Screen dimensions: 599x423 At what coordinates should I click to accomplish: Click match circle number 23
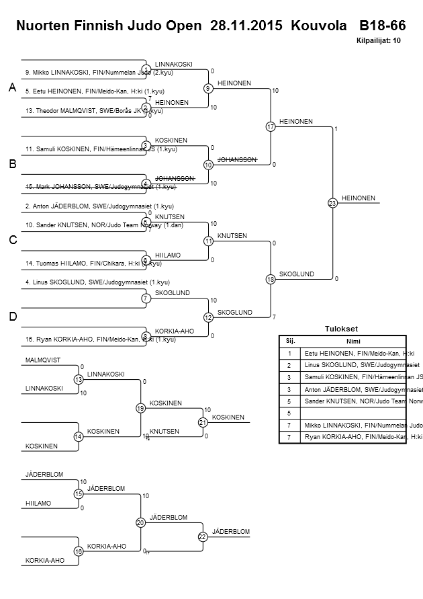coord(332,202)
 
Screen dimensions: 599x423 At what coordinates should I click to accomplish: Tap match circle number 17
coord(271,126)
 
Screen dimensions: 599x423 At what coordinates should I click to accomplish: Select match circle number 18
coord(271,279)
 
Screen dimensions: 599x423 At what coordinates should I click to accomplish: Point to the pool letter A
coord(12,88)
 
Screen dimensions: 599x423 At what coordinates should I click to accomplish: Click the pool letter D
coord(12,316)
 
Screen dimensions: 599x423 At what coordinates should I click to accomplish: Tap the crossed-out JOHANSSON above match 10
coord(237,159)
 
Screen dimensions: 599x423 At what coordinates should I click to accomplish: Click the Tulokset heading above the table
coord(342,329)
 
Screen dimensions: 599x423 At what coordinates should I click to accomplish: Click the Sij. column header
coord(290,341)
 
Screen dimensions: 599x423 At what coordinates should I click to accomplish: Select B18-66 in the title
coord(382,26)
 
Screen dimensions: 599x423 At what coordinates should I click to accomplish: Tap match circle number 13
coord(79,380)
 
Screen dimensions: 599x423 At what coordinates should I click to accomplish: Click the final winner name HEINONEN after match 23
coord(359,198)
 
